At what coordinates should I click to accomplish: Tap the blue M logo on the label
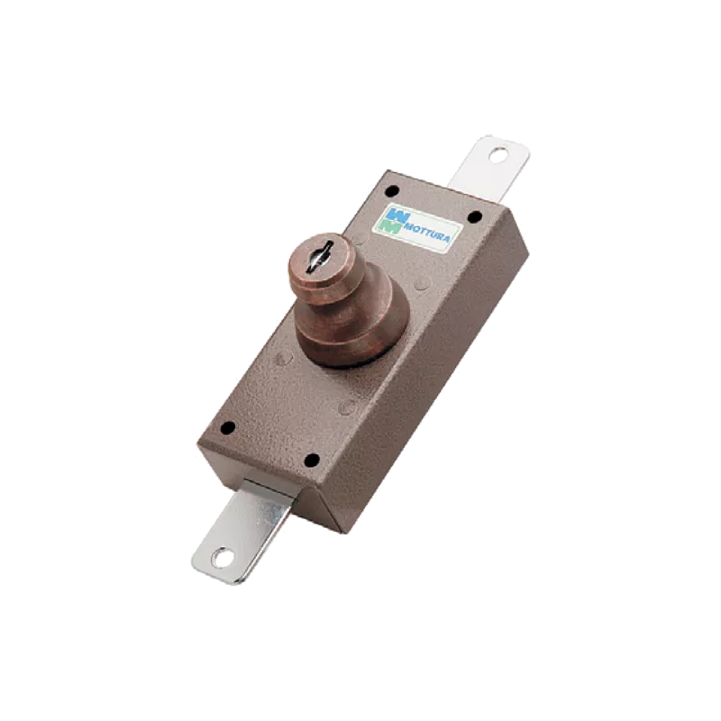397,214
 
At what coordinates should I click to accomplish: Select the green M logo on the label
391,227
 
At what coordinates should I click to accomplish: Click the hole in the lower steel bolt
217,559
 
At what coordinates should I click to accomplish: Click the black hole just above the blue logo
391,190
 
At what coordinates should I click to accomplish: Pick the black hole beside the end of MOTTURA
474,215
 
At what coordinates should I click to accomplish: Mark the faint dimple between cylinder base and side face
421,284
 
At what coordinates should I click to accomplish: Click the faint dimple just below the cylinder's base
346,408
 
